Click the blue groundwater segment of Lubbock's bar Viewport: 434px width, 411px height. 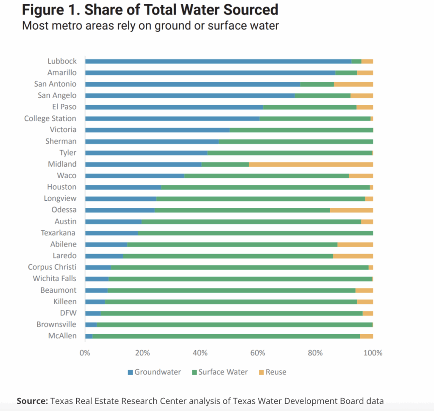[x=218, y=62]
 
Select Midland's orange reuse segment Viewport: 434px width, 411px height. [x=311, y=165]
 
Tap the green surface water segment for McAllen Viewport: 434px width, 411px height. [x=226, y=336]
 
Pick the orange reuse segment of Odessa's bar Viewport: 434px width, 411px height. [x=351, y=210]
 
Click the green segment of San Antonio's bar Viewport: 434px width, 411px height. [x=317, y=84]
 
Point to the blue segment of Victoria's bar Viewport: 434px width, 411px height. [x=157, y=130]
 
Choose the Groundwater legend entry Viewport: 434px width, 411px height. [x=154, y=372]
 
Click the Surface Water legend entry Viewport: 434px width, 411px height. [x=220, y=372]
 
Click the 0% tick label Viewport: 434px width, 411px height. [x=85, y=353]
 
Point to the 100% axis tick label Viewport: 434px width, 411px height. [x=373, y=353]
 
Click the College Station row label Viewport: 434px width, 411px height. [x=50, y=119]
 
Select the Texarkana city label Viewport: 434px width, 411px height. [x=58, y=233]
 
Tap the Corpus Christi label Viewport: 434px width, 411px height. [x=52, y=267]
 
